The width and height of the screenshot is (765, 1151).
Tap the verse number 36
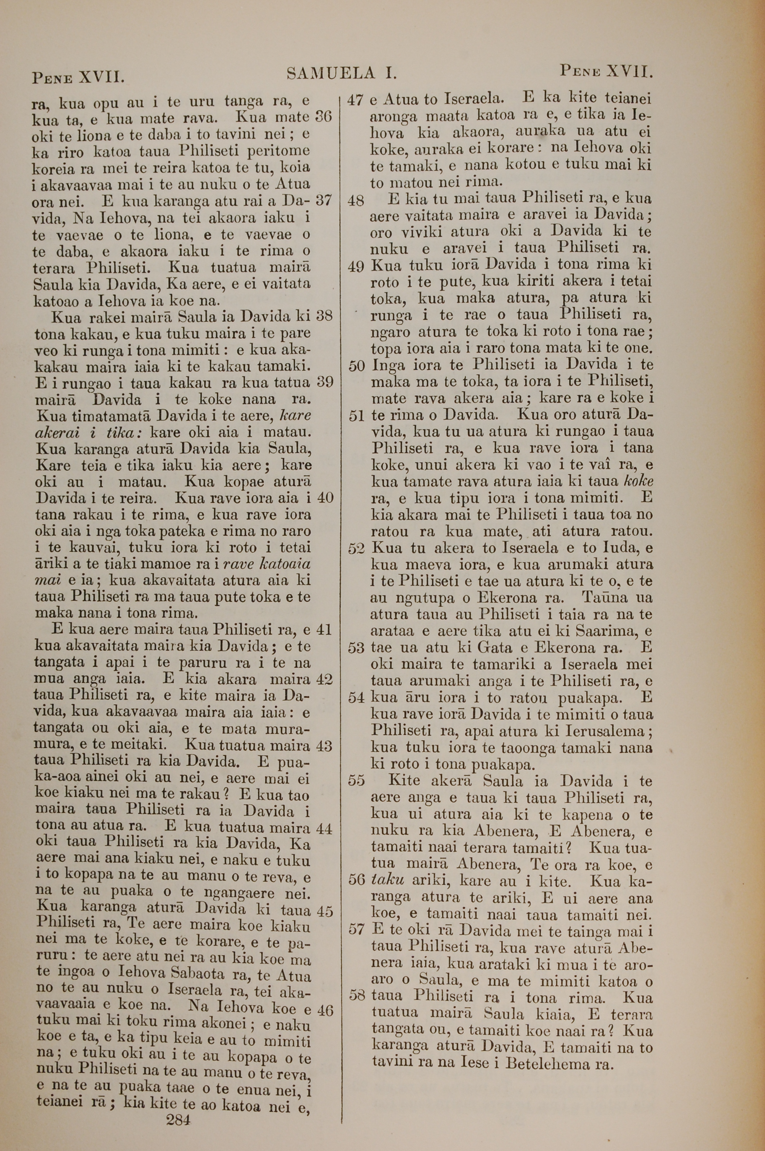tap(324, 117)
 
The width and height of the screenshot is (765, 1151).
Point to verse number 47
tap(356, 100)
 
